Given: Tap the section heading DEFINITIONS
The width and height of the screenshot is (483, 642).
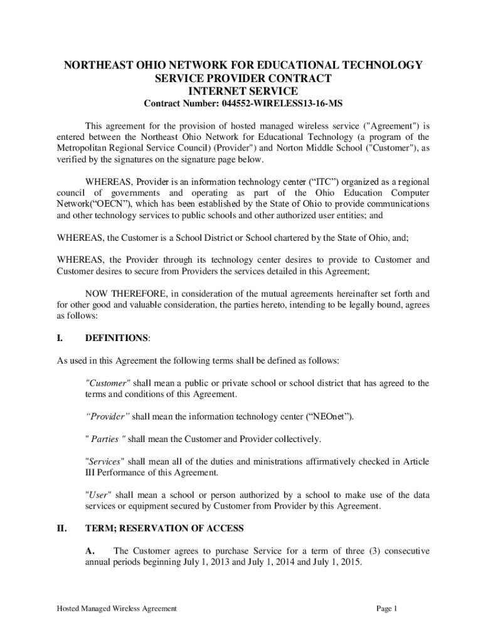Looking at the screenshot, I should click(x=117, y=338).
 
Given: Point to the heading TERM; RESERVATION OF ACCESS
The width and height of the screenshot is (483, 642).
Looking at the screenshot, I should click(x=164, y=529).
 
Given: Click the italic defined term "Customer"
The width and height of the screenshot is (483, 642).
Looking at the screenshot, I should click(x=107, y=383).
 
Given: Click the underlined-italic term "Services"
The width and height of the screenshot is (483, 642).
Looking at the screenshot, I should click(x=105, y=461).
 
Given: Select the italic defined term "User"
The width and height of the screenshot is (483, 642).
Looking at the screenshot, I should click(x=98, y=495).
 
